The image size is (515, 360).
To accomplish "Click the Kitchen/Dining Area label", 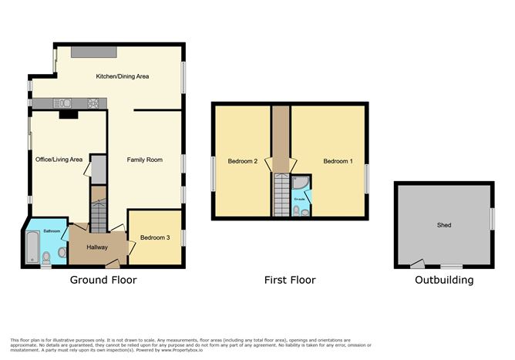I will pyautogui.click(x=122, y=76).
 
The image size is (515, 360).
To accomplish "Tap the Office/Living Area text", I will pyautogui.click(x=59, y=160).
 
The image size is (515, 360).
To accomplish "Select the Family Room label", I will pyautogui.click(x=145, y=160).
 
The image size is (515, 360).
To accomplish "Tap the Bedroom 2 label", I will pyautogui.click(x=242, y=161).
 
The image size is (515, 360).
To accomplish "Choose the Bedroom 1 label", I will pyautogui.click(x=338, y=161).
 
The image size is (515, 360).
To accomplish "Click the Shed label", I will pyautogui.click(x=444, y=225).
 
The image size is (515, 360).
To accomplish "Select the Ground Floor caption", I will pyautogui.click(x=103, y=280).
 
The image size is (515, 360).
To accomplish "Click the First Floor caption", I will pyautogui.click(x=289, y=280).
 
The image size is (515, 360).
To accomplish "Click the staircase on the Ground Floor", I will pyautogui.click(x=98, y=212).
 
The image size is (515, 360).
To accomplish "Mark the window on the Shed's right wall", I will pyautogui.click(x=491, y=218).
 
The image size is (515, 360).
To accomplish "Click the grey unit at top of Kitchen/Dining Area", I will pyautogui.click(x=95, y=51).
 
